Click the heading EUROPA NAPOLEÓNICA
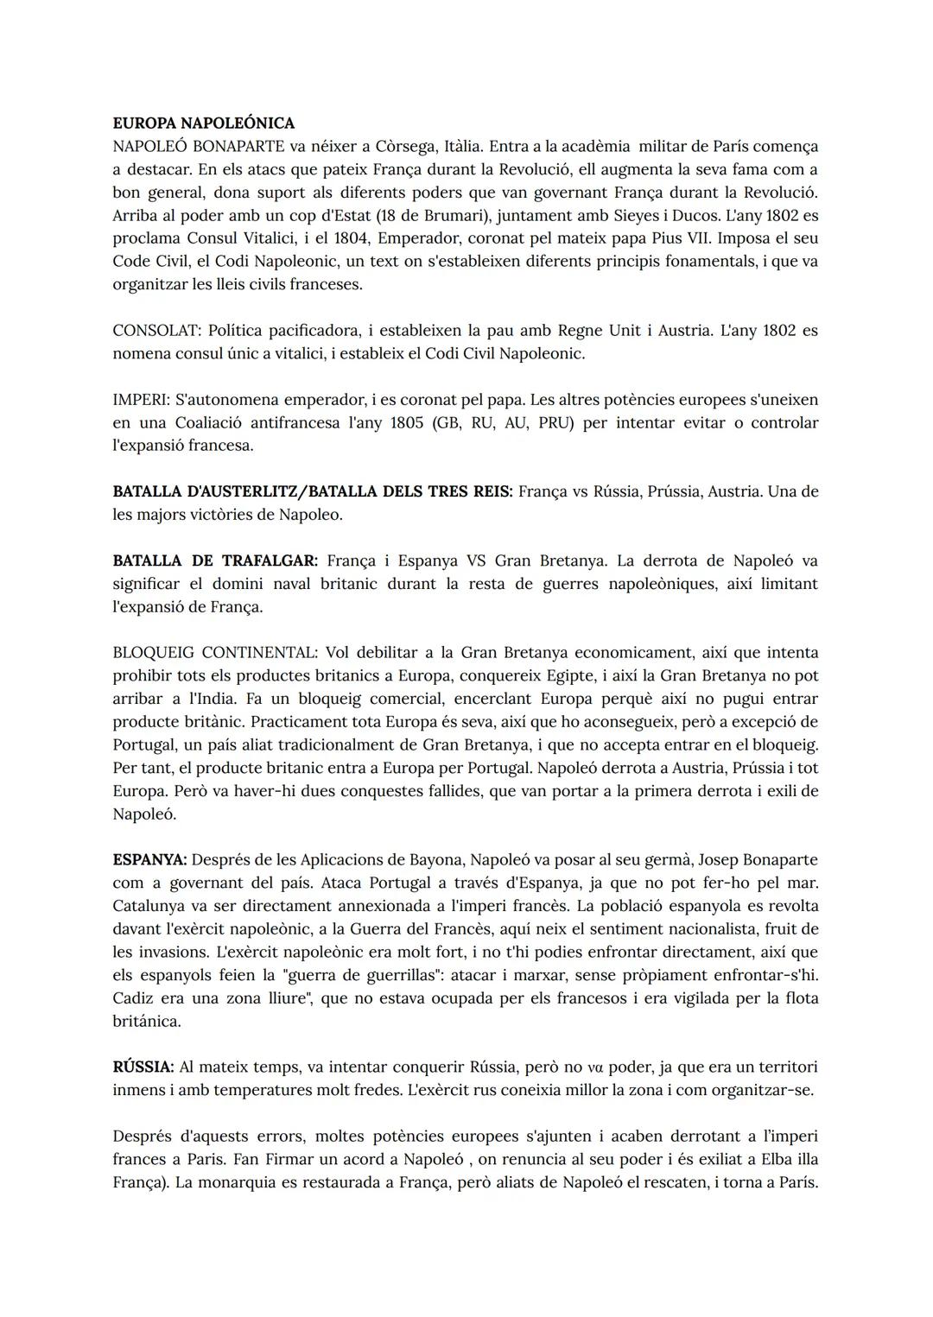coord(203,123)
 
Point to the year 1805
coord(406,422)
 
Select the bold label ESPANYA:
coord(149,860)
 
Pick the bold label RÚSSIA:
coord(143,1067)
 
